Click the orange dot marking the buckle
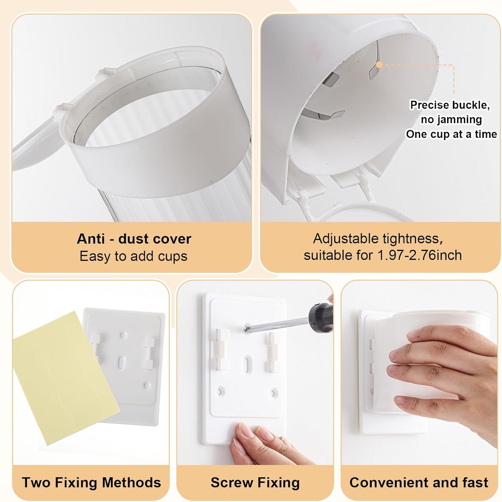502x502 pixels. click(x=380, y=65)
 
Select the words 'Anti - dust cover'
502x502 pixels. click(x=134, y=239)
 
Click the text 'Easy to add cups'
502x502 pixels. click(x=133, y=256)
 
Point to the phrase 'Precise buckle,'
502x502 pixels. click(x=450, y=105)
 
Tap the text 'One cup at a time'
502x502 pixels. click(x=451, y=134)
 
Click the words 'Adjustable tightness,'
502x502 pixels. click(x=378, y=239)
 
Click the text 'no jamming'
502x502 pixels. click(x=451, y=119)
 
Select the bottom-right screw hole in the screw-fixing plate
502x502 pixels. click(x=273, y=392)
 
